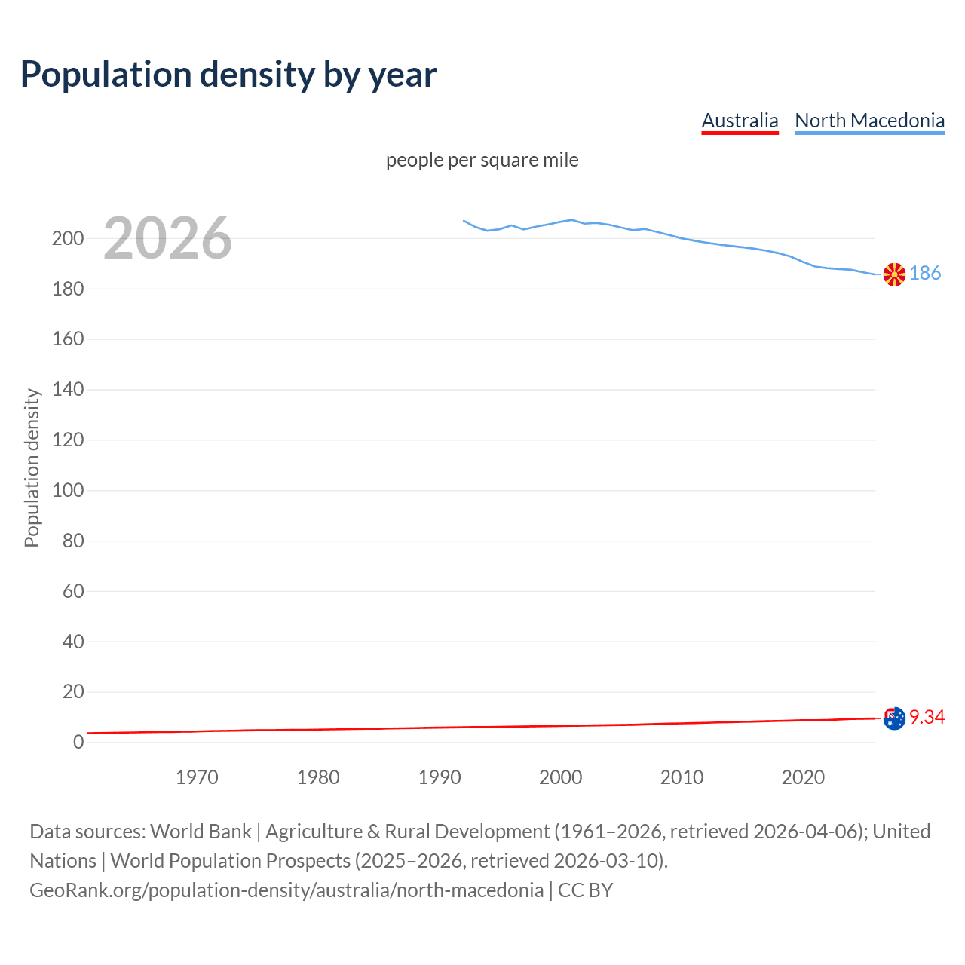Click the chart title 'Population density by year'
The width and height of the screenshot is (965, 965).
click(228, 74)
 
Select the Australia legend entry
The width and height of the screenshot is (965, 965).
click(740, 121)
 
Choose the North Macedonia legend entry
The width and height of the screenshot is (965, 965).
click(869, 121)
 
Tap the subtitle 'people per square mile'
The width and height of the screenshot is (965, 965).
click(482, 160)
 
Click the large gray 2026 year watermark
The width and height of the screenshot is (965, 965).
click(167, 238)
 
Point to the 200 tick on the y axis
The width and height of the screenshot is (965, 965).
click(68, 238)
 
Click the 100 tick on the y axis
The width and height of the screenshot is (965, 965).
click(68, 490)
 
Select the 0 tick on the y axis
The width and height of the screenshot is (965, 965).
click(78, 742)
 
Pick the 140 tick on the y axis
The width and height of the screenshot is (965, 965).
click(68, 389)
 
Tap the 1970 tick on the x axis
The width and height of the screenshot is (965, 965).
click(197, 777)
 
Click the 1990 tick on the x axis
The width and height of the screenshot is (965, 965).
click(440, 777)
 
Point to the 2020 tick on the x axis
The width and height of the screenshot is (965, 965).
click(803, 777)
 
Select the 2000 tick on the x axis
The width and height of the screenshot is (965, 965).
click(560, 777)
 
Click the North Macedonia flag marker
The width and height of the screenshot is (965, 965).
click(894, 274)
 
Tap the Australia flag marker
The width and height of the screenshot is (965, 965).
click(894, 718)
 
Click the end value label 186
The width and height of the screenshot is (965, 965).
click(925, 273)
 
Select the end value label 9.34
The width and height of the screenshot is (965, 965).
click(927, 717)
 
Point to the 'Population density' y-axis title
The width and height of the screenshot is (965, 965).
click(32, 467)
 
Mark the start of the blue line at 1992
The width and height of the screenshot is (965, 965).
click(464, 221)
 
